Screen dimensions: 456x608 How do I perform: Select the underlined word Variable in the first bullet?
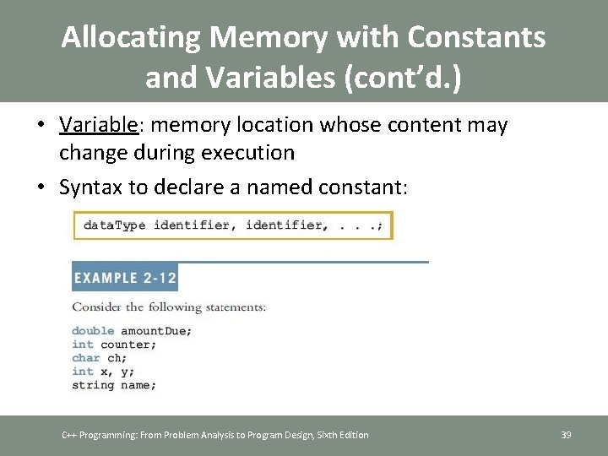click(x=98, y=126)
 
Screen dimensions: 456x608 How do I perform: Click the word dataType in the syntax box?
click(x=114, y=225)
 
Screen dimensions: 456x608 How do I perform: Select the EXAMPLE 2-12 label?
click(x=124, y=278)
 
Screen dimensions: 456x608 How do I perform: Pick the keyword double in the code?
click(x=93, y=331)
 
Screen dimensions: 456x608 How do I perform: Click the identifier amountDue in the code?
click(x=156, y=331)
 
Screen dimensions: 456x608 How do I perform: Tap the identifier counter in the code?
click(x=128, y=345)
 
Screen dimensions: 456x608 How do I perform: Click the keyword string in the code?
click(x=93, y=385)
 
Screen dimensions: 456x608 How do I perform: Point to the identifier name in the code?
click(x=138, y=385)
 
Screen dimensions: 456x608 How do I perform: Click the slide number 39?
click(x=566, y=435)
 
